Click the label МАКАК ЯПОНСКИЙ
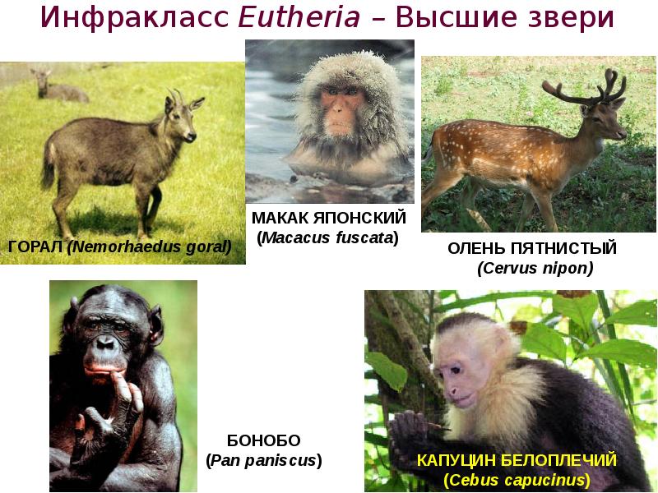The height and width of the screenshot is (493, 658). point(329,219)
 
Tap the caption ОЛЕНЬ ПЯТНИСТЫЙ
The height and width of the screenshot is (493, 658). point(531,248)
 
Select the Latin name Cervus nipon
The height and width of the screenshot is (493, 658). point(535,268)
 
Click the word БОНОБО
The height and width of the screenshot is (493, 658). point(263,440)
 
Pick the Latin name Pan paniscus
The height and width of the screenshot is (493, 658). point(263,460)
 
